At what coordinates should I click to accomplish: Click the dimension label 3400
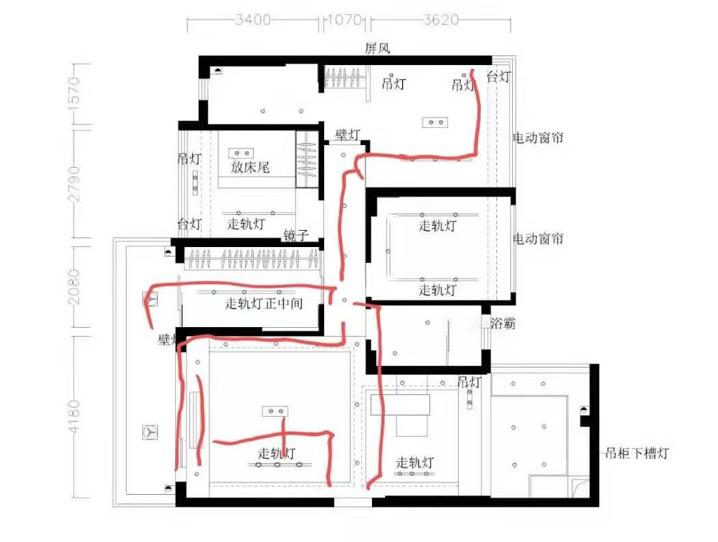pyautogui.click(x=252, y=19)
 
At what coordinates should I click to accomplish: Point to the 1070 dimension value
pyautogui.click(x=345, y=19)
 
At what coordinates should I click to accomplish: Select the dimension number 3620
pyautogui.click(x=440, y=19)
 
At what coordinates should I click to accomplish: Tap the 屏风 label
pyautogui.click(x=377, y=47)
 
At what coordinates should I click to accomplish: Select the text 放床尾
pyautogui.click(x=250, y=166)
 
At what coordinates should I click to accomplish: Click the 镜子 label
pyautogui.click(x=296, y=236)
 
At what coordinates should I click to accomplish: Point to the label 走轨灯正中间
pyautogui.click(x=264, y=302)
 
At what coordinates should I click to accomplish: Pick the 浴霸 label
pyautogui.click(x=503, y=324)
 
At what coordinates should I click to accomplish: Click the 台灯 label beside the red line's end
pyautogui.click(x=498, y=77)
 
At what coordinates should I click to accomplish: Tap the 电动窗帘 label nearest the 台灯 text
pyautogui.click(x=538, y=138)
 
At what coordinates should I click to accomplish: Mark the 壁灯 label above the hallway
pyautogui.click(x=347, y=135)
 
